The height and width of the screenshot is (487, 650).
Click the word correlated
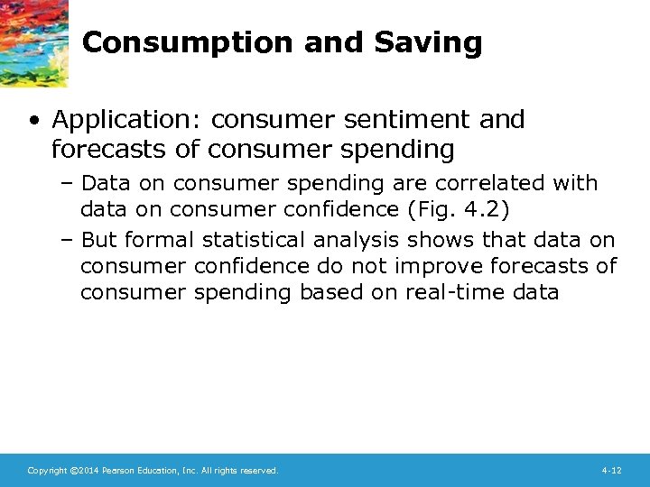pyautogui.click(x=492, y=183)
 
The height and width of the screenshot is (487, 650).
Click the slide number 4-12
pyautogui.click(x=611, y=471)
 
